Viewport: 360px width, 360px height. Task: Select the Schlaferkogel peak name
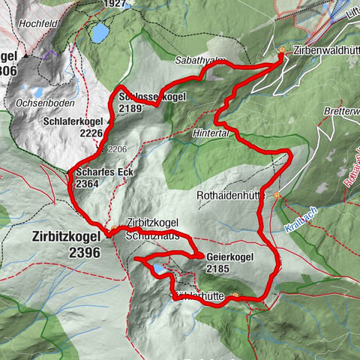(73, 121)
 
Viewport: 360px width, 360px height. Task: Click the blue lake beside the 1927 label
(99, 33)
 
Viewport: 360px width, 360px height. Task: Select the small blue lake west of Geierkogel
(159, 268)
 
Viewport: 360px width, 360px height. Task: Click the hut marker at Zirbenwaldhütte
(282, 51)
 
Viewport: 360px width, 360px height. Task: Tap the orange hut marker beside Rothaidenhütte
(277, 196)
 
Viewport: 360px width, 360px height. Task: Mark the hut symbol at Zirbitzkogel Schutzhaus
(115, 229)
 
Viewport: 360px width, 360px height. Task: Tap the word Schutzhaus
(152, 235)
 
